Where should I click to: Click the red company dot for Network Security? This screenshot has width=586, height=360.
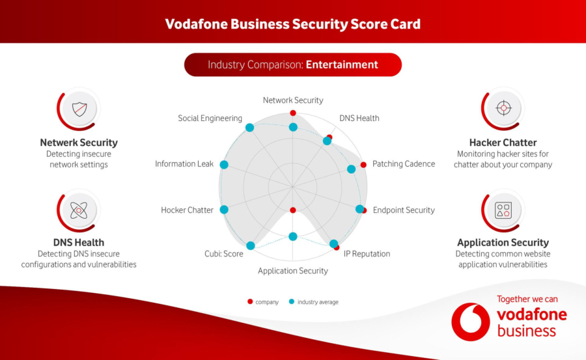(293, 113)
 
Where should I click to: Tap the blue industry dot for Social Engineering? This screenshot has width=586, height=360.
(249, 128)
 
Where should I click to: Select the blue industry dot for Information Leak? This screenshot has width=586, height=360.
(224, 165)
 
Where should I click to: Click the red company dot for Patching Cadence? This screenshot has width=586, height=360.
(363, 165)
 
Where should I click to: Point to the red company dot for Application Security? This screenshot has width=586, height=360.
(293, 210)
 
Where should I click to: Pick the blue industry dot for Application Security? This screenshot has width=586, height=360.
(293, 236)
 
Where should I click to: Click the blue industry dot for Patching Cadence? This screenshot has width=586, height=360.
(352, 169)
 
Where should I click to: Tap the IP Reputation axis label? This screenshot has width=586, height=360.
(367, 254)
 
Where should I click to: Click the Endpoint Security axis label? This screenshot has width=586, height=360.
(404, 210)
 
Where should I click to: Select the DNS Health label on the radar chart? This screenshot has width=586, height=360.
(359, 118)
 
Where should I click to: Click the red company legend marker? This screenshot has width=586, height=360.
(250, 301)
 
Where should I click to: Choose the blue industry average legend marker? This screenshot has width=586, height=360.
(292, 301)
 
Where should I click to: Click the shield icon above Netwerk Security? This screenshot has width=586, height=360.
(79, 109)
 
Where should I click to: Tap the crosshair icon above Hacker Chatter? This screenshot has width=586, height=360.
(503, 108)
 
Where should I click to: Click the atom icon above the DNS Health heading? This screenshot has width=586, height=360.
(79, 210)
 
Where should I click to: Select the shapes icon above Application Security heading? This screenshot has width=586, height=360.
(503, 210)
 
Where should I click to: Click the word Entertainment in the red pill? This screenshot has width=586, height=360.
(342, 64)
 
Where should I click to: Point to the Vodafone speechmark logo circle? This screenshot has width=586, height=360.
(471, 322)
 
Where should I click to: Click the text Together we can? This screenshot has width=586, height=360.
(527, 299)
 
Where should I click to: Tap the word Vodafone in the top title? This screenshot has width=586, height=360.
(196, 24)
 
